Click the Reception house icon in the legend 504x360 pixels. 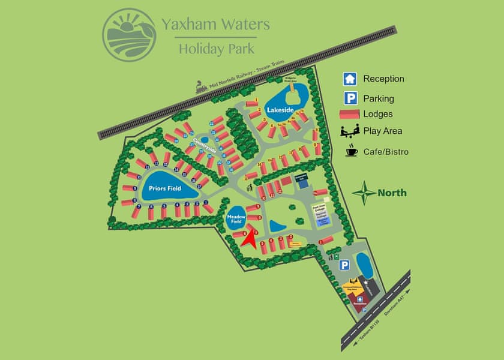point(350,79)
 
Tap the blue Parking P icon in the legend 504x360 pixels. point(350,98)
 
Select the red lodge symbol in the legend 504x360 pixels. point(350,114)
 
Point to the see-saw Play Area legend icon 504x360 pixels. point(350,131)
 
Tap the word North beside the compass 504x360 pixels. point(392,193)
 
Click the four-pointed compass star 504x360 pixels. point(364,193)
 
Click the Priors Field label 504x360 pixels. point(166,188)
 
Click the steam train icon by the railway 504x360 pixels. point(201,88)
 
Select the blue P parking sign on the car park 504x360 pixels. point(345,265)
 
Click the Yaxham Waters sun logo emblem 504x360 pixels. point(129,32)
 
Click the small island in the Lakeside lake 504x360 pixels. point(291,94)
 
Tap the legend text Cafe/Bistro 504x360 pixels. point(386,152)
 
